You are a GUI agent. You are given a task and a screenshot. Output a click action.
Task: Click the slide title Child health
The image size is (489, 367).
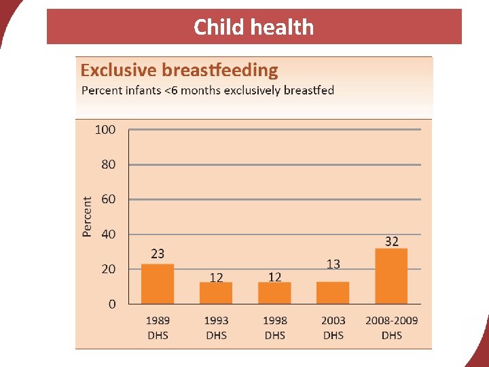[x=253, y=27]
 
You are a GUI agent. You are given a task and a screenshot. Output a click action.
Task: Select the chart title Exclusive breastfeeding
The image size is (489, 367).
[x=179, y=70]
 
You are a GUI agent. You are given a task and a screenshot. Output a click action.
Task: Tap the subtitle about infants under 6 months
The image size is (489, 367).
[x=208, y=90]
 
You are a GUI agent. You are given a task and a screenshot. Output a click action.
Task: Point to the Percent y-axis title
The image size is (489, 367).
[x=87, y=216]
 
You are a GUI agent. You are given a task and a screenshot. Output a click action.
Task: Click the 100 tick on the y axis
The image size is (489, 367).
[x=105, y=129]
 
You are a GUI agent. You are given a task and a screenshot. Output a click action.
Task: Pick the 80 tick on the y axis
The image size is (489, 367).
[x=107, y=164]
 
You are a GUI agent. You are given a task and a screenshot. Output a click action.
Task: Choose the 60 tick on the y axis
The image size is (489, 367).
[x=107, y=199]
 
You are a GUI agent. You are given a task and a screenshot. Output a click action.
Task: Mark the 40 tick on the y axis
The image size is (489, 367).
[x=107, y=234]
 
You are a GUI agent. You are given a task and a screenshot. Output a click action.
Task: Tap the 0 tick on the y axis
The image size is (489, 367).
[x=111, y=304]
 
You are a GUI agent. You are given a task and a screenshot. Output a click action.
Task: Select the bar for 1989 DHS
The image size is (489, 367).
[x=158, y=284]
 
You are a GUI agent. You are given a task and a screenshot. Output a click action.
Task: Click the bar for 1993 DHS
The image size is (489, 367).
[x=216, y=293]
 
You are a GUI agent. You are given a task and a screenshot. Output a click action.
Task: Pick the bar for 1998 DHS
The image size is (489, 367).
[x=274, y=293]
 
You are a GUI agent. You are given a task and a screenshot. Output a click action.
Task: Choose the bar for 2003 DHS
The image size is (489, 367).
[x=333, y=292]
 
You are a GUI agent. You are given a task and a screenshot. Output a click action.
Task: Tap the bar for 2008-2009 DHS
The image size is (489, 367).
[x=391, y=276]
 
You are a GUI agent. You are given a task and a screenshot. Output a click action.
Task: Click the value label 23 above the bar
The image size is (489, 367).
[x=158, y=254]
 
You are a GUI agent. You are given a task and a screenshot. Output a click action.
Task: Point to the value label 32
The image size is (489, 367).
[x=392, y=241]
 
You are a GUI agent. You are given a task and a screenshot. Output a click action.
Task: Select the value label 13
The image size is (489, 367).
[x=333, y=264]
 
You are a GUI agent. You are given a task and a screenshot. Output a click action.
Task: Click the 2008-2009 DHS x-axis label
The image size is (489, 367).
[x=392, y=328]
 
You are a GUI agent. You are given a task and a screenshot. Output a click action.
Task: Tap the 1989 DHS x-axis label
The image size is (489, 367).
[x=158, y=328]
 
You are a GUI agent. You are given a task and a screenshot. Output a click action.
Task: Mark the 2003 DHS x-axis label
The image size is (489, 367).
[x=333, y=328]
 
